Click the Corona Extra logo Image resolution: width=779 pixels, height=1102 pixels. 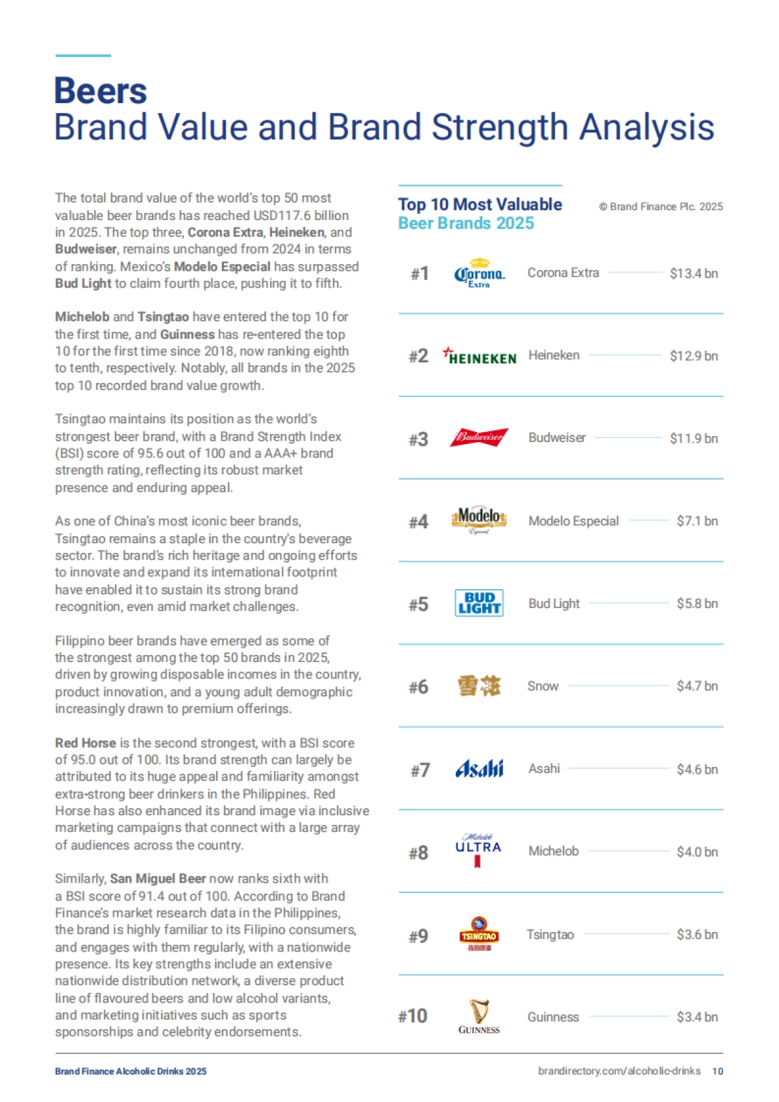click(479, 274)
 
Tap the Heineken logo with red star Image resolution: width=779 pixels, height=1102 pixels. click(479, 356)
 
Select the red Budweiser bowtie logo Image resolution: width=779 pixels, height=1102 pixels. click(479, 437)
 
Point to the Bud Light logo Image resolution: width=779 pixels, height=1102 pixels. click(479, 603)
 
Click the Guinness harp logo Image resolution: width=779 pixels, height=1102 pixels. click(479, 1016)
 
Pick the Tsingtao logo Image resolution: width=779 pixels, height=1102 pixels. click(479, 935)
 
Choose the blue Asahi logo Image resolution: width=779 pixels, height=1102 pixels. click(479, 769)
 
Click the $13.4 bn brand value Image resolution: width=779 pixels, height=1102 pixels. click(693, 273)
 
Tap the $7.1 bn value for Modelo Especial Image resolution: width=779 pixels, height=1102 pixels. click(697, 521)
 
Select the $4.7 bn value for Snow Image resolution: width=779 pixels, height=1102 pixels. click(697, 686)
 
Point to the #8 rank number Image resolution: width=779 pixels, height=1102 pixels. click(419, 852)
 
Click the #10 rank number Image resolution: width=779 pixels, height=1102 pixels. click(413, 1016)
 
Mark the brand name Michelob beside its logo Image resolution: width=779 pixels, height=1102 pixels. click(553, 851)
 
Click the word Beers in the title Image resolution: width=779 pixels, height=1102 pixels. click(101, 91)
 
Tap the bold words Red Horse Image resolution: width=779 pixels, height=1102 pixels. click(86, 742)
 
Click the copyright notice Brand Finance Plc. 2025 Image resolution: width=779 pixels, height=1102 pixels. click(661, 206)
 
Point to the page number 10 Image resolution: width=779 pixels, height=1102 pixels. click(717, 1071)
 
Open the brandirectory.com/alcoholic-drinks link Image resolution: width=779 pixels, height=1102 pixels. click(619, 1071)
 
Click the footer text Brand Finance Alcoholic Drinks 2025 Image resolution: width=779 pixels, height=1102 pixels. click(130, 1071)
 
